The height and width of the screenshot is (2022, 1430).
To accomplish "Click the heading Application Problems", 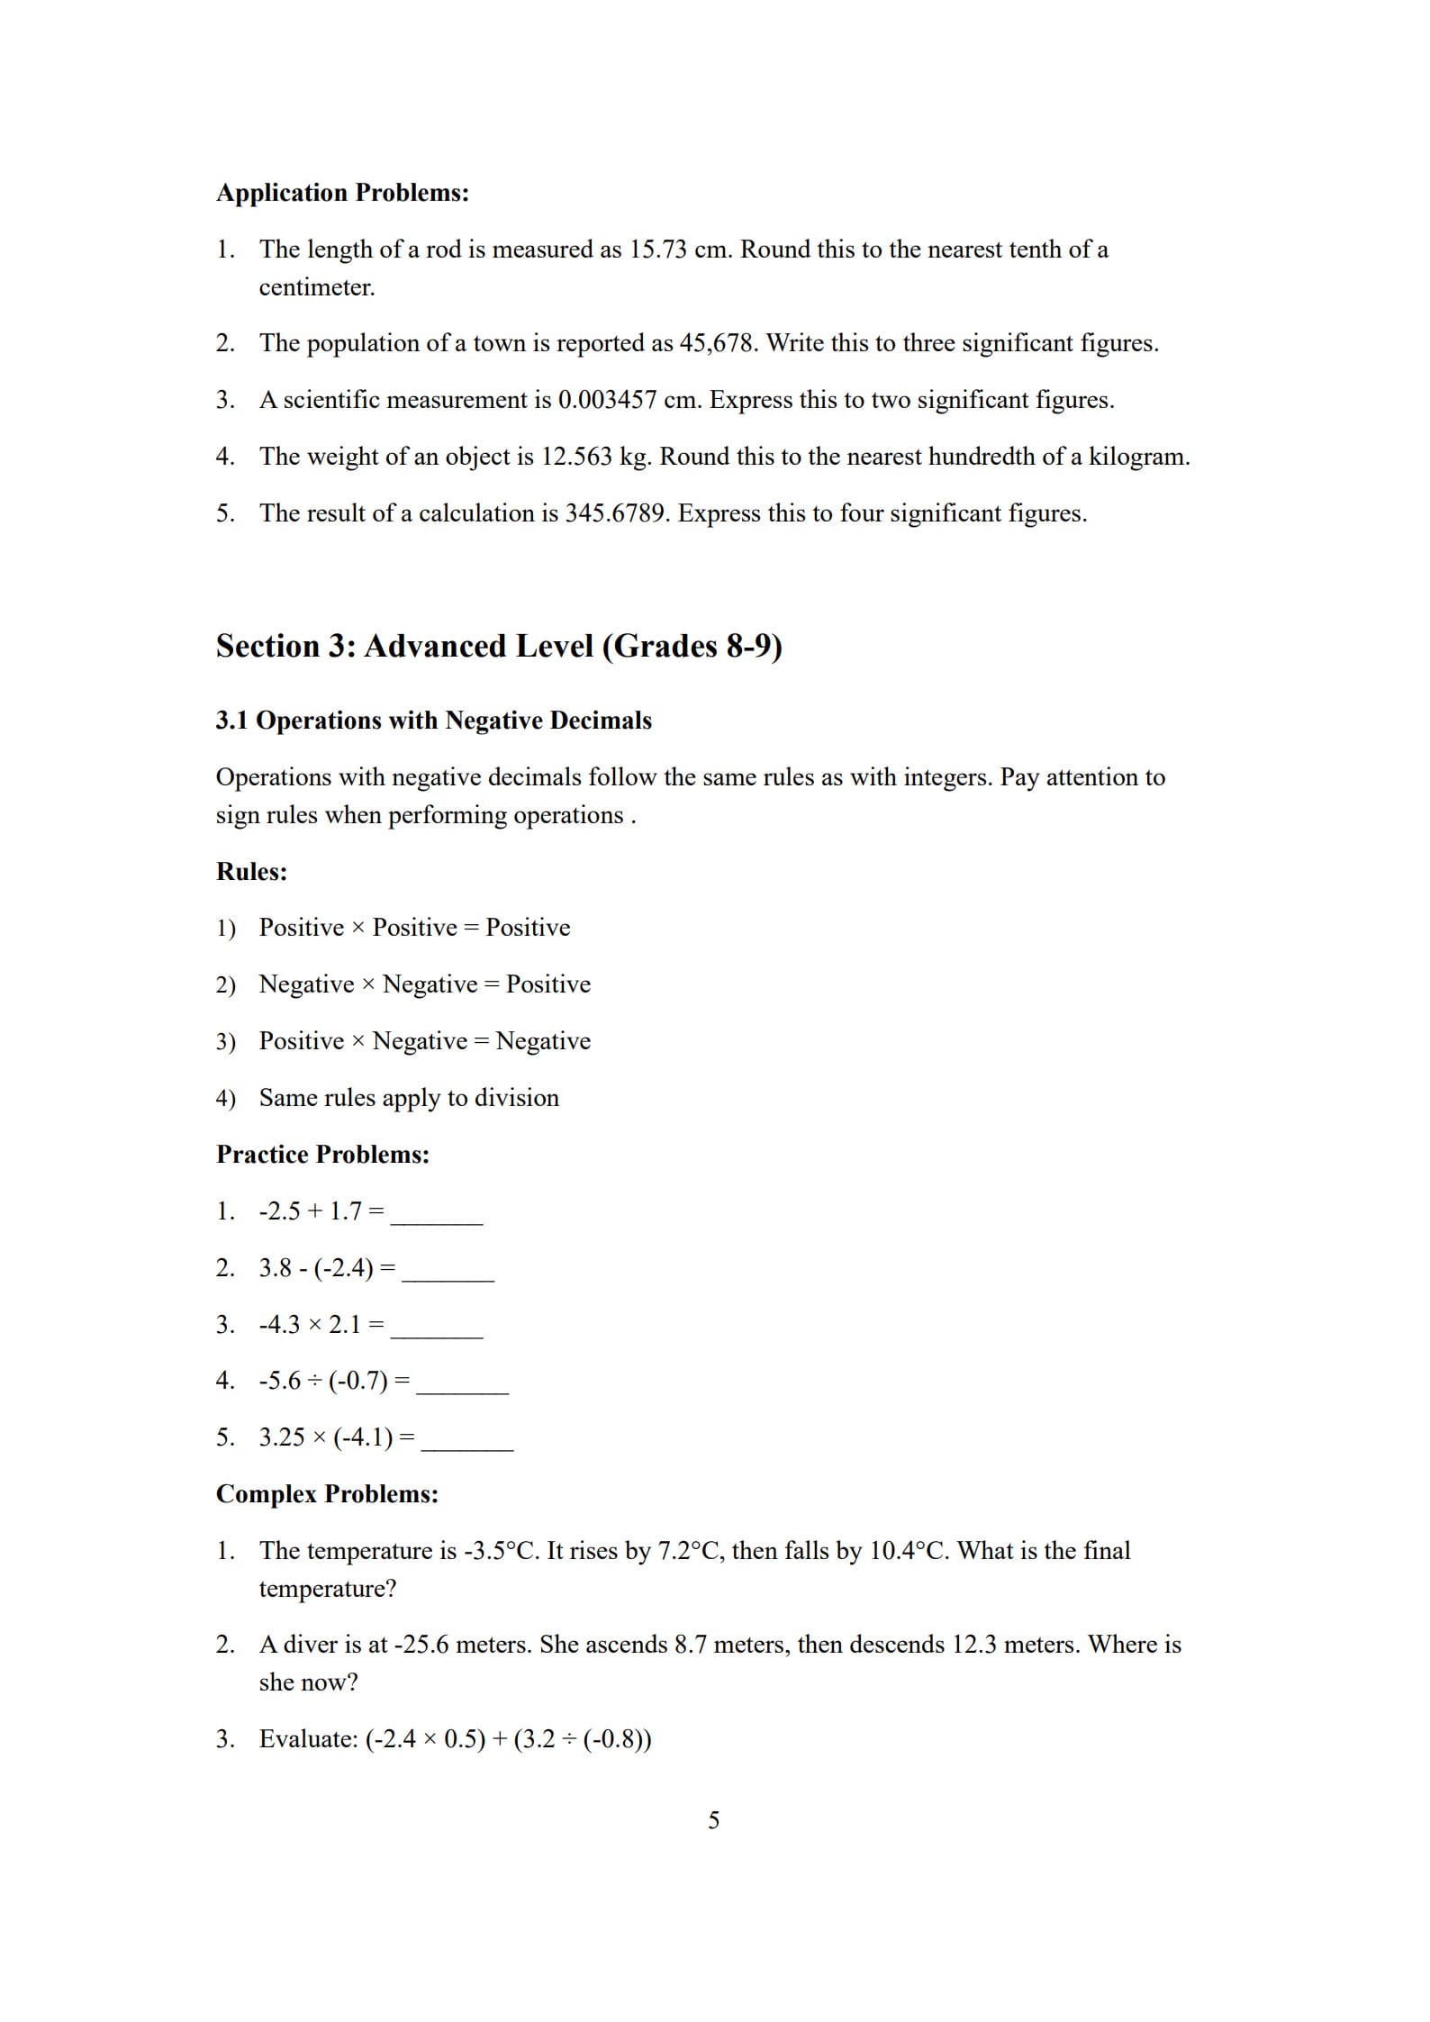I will (x=342, y=193).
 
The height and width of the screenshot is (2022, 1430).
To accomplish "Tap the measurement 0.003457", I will (x=607, y=400).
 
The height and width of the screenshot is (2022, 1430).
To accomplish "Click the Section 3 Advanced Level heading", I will (x=499, y=646).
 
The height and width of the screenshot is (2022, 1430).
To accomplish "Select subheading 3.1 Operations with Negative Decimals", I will (x=433, y=721).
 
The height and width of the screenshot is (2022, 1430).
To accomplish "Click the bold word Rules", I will (x=251, y=872).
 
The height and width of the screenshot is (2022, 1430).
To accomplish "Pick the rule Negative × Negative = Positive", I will (x=424, y=984).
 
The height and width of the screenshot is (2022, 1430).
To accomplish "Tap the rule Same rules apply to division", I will (x=409, y=1098).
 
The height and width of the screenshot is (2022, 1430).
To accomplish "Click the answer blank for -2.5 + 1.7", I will (x=437, y=1216).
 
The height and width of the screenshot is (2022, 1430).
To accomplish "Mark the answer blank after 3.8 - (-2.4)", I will (x=448, y=1273).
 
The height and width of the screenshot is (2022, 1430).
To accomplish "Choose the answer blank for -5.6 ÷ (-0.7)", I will (x=462, y=1385).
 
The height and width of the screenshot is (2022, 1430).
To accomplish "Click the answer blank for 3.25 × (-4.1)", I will (x=467, y=1442).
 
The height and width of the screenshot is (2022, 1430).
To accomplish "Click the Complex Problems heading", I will (x=327, y=1494).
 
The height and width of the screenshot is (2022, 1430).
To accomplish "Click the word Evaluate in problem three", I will (x=308, y=1739).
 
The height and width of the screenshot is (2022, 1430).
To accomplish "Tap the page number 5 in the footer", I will (x=714, y=1820).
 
